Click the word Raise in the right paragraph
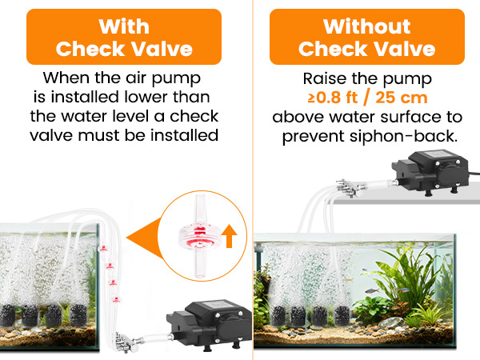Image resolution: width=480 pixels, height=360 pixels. [324, 80]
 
